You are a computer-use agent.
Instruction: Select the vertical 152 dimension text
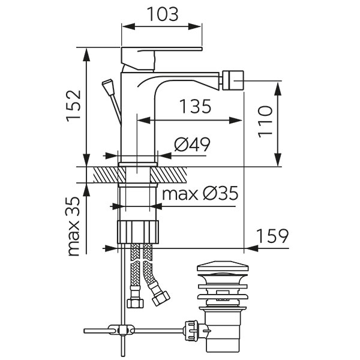coord(72,106)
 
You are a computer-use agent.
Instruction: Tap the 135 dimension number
coord(196,107)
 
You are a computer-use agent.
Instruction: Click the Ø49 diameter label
coord(191,145)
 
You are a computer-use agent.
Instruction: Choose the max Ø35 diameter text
coord(200,193)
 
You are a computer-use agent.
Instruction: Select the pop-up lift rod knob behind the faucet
coord(109,85)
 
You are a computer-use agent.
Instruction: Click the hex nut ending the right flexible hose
coord(160,297)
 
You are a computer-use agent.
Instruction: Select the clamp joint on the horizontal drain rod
coord(123,329)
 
